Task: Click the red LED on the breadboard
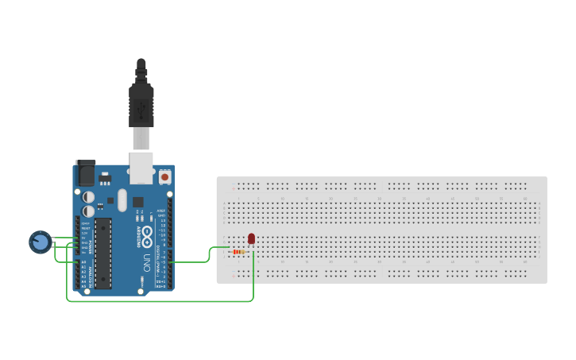pos(252,238)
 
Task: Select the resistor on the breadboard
pos(238,251)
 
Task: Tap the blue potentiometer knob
pos(40,242)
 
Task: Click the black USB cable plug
pos(141,99)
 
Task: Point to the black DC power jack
pos(85,173)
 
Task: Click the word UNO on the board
pos(145,262)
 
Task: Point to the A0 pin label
pos(83,261)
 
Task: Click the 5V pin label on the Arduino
pos(83,238)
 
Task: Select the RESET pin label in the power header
pos(83,228)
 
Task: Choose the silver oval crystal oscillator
pos(122,199)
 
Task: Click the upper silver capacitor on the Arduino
pos(89,196)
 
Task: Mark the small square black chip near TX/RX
pos(138,202)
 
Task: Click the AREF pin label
pos(161,211)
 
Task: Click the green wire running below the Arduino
pos(159,301)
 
